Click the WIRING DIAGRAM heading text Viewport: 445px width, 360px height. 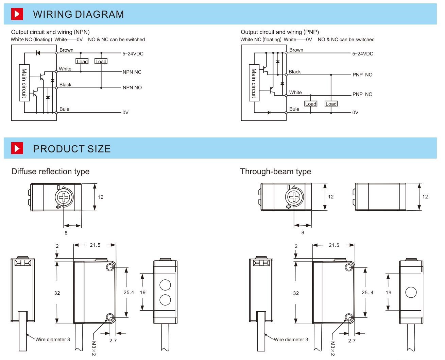[78, 14]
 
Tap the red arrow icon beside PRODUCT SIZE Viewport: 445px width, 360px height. [17, 149]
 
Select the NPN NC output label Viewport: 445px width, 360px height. [132, 72]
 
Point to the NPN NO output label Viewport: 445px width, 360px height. [132, 88]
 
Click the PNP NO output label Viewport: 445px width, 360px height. [362, 75]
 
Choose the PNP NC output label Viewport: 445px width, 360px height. [362, 94]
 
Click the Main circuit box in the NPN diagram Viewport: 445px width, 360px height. [24, 83]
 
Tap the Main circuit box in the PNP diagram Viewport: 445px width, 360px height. [254, 83]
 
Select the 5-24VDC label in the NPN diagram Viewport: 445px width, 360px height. [133, 54]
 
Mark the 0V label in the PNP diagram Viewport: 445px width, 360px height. [355, 113]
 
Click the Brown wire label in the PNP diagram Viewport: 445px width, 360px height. [296, 50]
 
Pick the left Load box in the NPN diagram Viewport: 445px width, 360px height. [82, 62]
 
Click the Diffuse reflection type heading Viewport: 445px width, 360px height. [50, 171]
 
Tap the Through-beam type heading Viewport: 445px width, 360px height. [276, 171]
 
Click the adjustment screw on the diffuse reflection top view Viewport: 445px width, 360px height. [64, 197]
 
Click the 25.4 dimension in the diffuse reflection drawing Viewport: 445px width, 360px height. [129, 292]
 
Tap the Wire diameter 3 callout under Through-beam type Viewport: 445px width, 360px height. [291, 340]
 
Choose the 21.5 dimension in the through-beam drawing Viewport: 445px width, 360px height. [334, 245]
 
